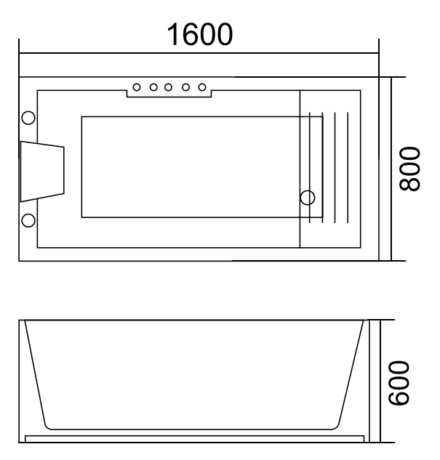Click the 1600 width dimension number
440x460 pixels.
(200, 34)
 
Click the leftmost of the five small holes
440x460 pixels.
(138, 88)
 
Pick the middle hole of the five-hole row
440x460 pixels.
(169, 88)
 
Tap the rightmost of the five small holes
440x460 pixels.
(200, 88)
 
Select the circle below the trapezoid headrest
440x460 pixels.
(29, 220)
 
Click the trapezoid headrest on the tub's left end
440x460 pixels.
(41, 171)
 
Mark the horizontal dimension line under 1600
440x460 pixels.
(199, 52)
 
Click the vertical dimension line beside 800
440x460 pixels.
(393, 169)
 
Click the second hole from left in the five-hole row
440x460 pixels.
(153, 88)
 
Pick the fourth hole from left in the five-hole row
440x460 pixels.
(185, 88)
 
